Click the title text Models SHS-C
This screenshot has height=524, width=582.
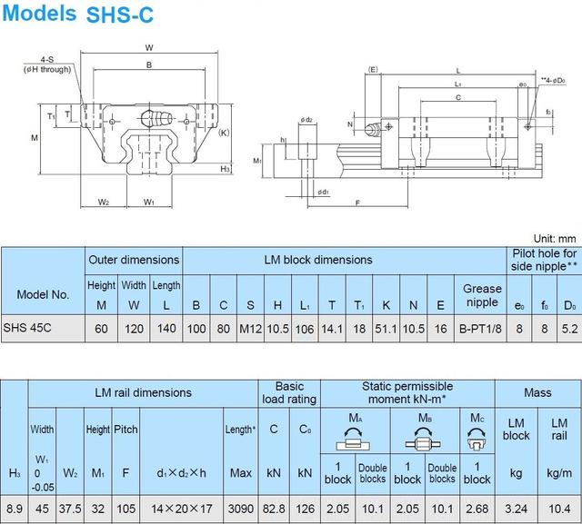pos(77,14)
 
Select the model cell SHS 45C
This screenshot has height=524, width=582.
pos(27,328)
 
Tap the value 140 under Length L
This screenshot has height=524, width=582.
pos(166,329)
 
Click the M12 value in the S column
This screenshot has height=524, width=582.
pos(251,329)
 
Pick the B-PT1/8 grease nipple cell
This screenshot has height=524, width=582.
pos(480,329)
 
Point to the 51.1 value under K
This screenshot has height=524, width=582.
pos(386,329)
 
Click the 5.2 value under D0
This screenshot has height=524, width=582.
pos(570,329)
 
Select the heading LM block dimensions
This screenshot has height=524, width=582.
pos(318,260)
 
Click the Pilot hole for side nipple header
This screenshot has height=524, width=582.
pos(544,260)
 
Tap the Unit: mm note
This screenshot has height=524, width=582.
pos(555,239)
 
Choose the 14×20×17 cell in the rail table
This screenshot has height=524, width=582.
pos(182,509)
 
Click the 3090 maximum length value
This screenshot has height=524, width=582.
pos(241,509)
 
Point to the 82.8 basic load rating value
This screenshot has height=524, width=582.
pos(274,509)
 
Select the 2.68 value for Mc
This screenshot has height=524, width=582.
pos(477,509)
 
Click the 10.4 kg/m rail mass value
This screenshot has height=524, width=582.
pos(559,509)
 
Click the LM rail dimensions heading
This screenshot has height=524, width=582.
pos(143,393)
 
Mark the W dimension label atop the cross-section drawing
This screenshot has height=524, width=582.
pos(149,47)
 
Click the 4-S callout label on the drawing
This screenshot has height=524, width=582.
pos(47,59)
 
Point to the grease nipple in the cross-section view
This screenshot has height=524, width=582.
pos(157,119)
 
